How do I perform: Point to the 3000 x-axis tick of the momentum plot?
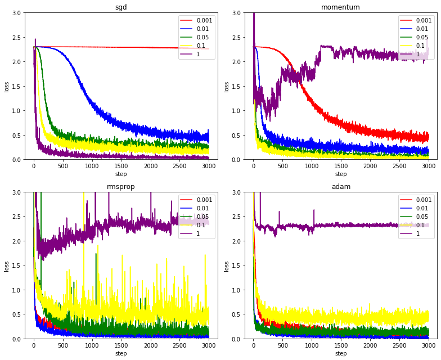pyautogui.click(x=428, y=166)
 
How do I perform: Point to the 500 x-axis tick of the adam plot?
pyautogui.click(x=282, y=346)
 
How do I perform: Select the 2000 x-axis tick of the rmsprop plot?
pyautogui.click(x=150, y=346)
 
